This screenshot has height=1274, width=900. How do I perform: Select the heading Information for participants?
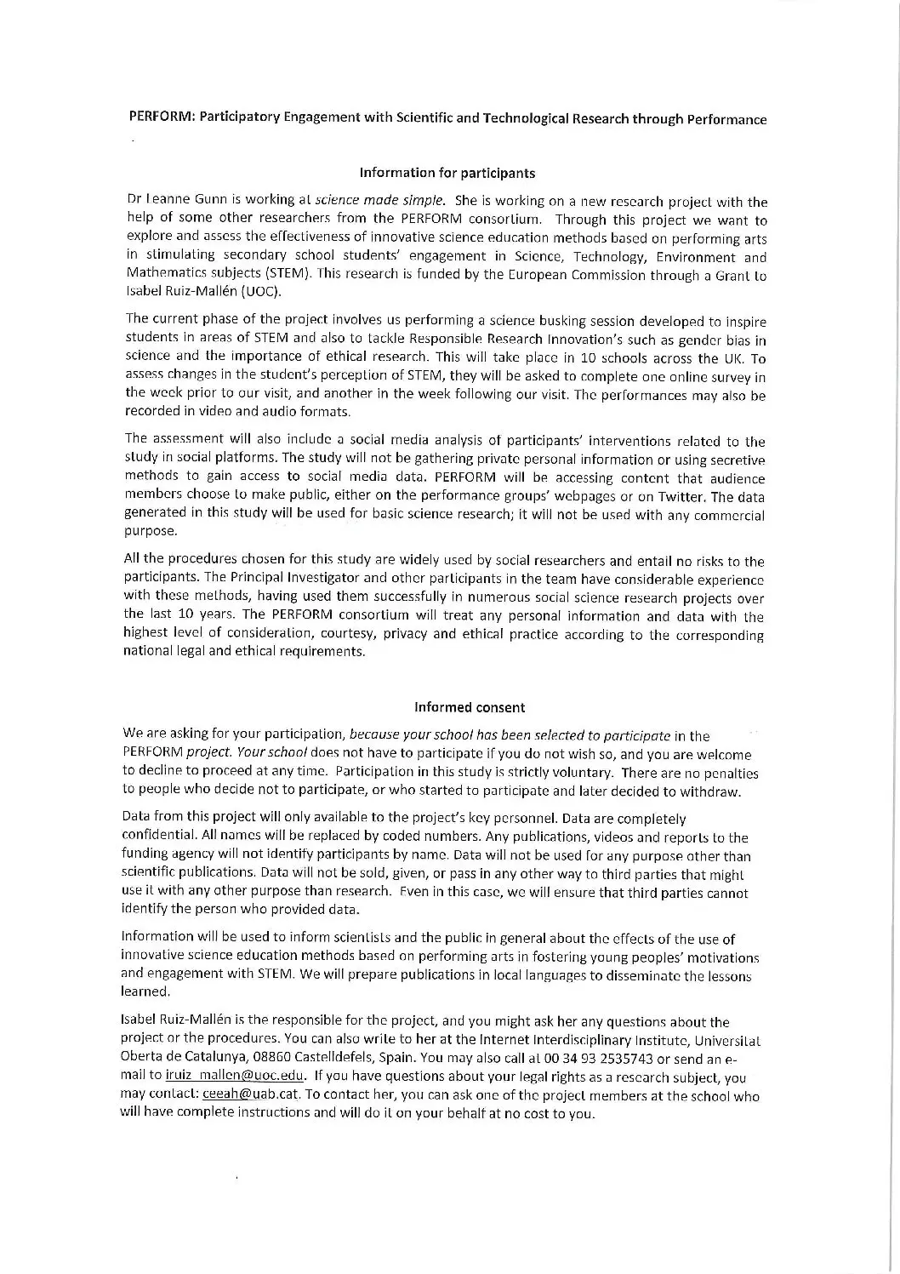point(447,173)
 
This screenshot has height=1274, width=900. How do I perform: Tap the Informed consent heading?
point(470,707)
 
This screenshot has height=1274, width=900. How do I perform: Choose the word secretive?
point(736,460)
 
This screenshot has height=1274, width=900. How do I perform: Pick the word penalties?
point(731,773)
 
